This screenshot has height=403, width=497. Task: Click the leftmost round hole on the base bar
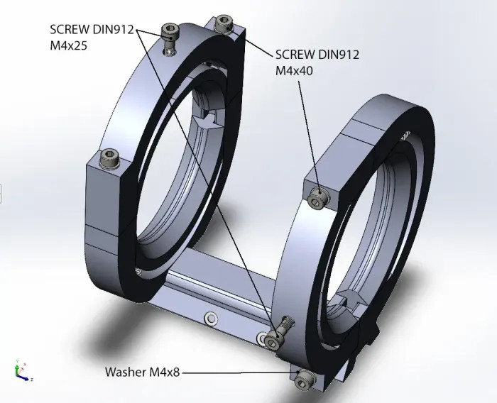click(x=209, y=318)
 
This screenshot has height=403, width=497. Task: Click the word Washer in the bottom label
click(x=125, y=372)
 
